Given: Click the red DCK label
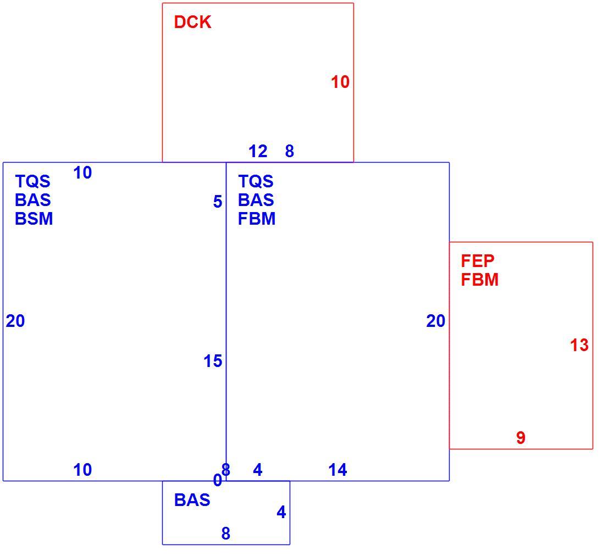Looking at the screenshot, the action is (x=192, y=22).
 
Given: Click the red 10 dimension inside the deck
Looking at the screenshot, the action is (x=340, y=82).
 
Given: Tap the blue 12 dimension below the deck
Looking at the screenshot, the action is (x=258, y=151).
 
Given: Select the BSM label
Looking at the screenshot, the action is (x=34, y=219).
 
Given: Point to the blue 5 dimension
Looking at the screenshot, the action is (x=218, y=202).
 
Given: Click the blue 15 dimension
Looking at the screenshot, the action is (x=213, y=361).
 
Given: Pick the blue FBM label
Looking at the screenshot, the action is (x=257, y=219).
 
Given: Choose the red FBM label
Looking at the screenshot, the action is (x=479, y=279).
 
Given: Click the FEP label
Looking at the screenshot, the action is (x=477, y=261).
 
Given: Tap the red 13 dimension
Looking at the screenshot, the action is (x=579, y=345).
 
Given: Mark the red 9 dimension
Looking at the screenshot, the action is (x=521, y=438).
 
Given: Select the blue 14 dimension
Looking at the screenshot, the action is (x=338, y=470).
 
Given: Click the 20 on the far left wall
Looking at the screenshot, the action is (x=15, y=321).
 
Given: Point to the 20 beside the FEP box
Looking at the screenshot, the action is (x=436, y=321).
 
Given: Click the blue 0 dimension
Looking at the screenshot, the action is (x=217, y=480).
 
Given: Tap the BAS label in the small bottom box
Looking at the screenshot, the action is (x=192, y=500).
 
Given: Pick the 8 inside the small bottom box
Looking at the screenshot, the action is (x=226, y=533).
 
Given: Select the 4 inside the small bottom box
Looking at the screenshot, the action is (x=281, y=512).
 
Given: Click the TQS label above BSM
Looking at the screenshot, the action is (x=32, y=181).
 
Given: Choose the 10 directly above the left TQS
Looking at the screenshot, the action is (x=82, y=173).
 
